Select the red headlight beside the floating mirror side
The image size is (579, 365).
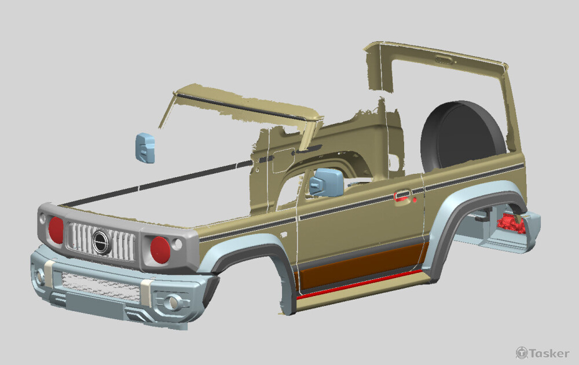point(56,230)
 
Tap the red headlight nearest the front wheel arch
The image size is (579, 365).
point(160,250)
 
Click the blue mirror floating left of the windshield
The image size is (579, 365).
point(145,148)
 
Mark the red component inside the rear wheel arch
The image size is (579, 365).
point(511,224)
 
